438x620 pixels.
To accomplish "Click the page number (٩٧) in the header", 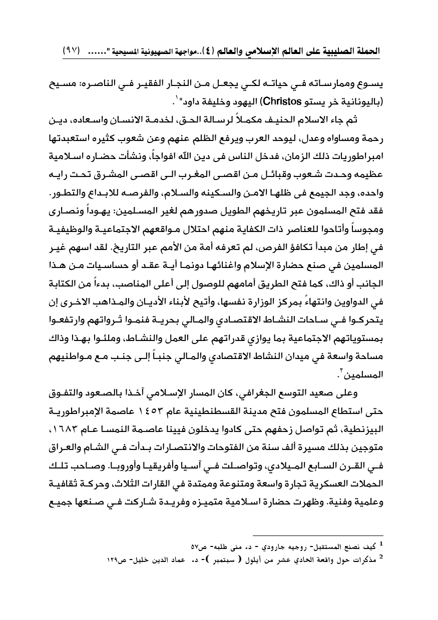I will (73, 51).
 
